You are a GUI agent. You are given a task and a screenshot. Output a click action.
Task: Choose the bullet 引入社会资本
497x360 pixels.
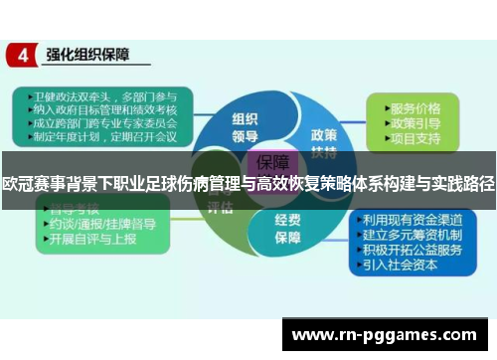(x=408, y=264)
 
